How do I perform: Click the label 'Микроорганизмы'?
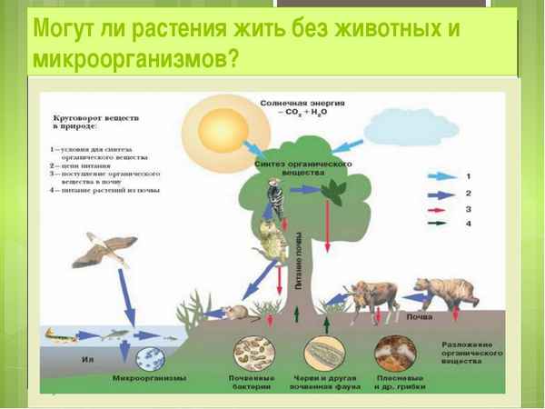point(149,377)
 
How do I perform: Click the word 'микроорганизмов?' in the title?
point(136,59)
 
